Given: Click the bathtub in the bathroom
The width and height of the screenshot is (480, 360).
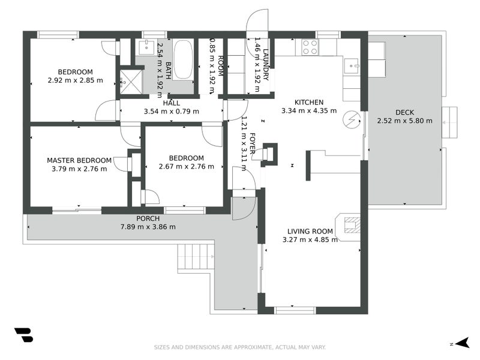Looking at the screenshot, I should (x=184, y=59).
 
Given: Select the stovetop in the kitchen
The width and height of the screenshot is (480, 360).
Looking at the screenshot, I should (x=310, y=47).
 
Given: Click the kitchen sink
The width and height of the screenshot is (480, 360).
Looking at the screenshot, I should (x=352, y=64).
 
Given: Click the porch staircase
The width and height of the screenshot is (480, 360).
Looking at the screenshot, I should (x=196, y=257).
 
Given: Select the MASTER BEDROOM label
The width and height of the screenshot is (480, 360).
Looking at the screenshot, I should (x=79, y=160).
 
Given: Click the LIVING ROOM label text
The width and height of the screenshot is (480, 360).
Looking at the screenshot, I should (x=310, y=231).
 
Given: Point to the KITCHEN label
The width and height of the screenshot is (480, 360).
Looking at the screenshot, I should (x=309, y=102).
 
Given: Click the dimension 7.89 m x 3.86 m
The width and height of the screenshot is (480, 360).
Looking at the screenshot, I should (x=148, y=227).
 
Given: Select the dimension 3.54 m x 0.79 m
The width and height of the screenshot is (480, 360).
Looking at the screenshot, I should (x=171, y=111).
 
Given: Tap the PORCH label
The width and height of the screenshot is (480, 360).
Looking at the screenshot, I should (x=148, y=218).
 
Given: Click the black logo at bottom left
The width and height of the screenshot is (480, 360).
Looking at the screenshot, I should (x=23, y=335).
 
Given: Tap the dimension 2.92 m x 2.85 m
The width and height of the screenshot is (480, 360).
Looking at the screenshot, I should (x=75, y=80).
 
